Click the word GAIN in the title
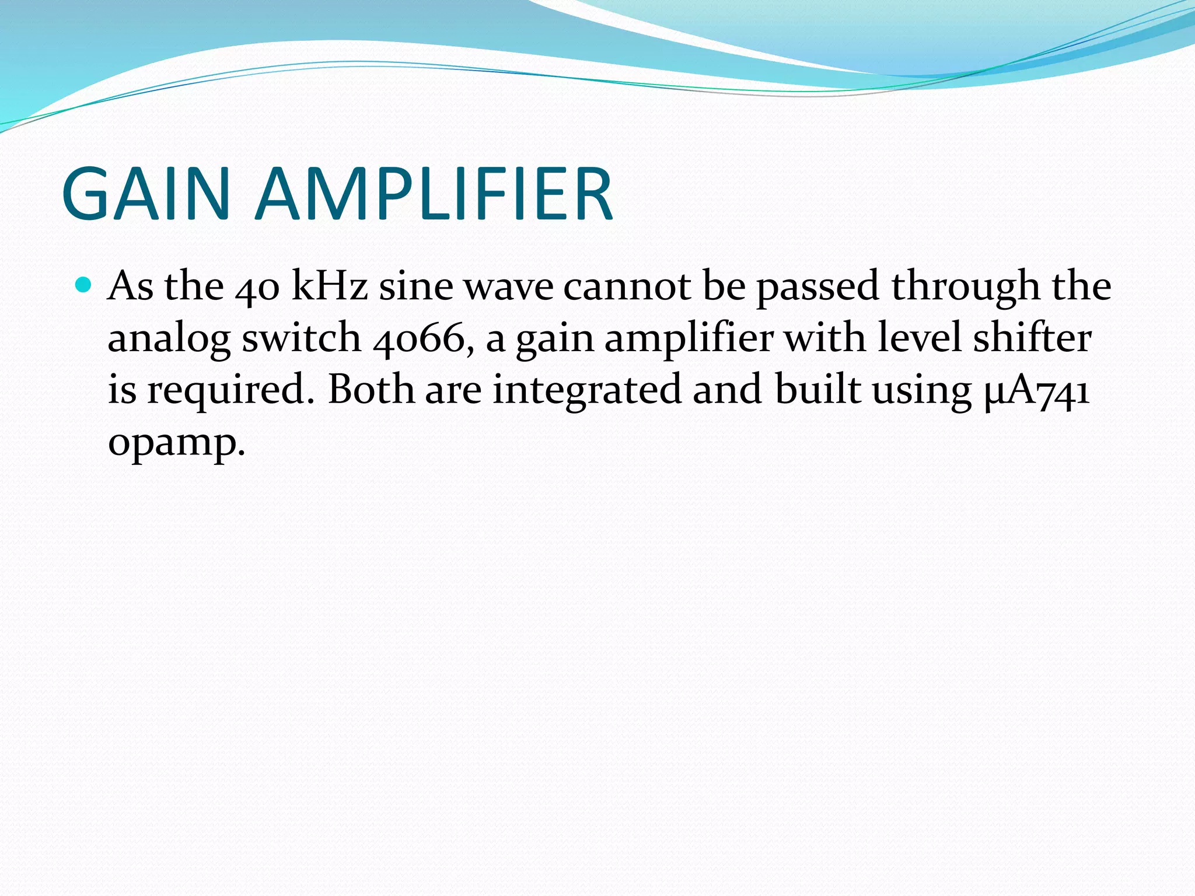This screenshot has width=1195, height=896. [x=146, y=194]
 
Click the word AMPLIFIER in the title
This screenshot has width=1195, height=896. [x=435, y=194]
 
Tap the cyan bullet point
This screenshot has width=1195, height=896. [x=84, y=285]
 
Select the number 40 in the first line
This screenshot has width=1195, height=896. [x=257, y=287]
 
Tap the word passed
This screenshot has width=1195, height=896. [x=817, y=287]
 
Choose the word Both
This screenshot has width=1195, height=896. [x=371, y=389]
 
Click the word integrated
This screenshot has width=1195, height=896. [x=587, y=390]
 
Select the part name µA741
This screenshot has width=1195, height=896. [x=1036, y=390]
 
